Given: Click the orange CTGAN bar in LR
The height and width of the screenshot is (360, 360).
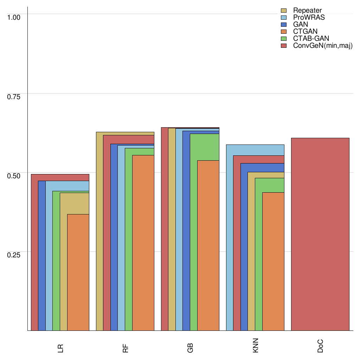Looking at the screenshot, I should coord(78,272).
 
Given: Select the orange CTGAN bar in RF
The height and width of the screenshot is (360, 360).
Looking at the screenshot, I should coord(143,243).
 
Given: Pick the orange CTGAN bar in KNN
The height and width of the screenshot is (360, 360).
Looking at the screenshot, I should coord(273,262).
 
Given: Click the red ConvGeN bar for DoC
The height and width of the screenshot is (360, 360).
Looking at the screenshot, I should coord(320,234).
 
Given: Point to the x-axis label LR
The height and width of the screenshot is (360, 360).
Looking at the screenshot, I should coord(60,348).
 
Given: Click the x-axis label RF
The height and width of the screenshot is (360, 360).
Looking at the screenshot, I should coord(126,348).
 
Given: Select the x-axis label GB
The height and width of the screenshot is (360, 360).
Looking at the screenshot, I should coord(190,348).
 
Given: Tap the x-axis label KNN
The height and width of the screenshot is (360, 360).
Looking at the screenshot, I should coord(255,348).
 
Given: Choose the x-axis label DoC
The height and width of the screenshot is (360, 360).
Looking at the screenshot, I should coord(320,348).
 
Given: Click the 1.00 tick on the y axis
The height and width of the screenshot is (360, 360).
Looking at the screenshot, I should coord(14,17).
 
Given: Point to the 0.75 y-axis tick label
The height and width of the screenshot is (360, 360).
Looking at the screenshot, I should coord(14,96).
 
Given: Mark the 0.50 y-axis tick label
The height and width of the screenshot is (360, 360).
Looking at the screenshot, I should coord(14,175).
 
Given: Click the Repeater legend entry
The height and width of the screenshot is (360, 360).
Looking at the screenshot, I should coord(307,11).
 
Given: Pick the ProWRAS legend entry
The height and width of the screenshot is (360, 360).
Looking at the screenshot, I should coord(309,18).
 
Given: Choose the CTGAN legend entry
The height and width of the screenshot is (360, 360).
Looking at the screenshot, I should coord(305,32).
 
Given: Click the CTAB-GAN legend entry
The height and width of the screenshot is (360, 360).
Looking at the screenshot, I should coord(311,39).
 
